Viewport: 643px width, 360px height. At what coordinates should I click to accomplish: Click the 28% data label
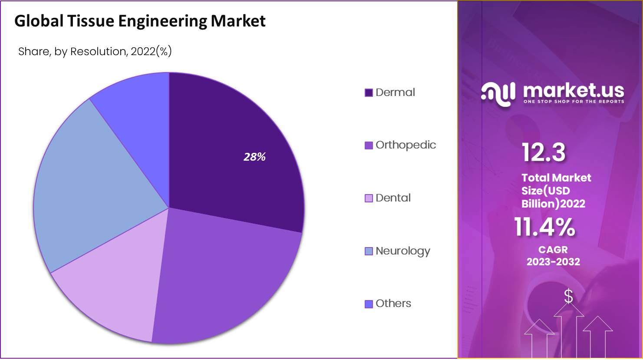(x=254, y=157)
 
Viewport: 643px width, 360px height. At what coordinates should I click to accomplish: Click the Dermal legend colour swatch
(x=369, y=92)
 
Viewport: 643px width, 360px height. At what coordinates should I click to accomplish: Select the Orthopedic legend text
(x=406, y=145)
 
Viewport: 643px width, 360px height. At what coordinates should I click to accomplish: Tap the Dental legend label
(x=393, y=198)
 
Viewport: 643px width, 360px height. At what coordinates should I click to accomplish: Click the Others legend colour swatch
(x=369, y=304)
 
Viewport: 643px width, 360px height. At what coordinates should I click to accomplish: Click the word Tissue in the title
(x=91, y=21)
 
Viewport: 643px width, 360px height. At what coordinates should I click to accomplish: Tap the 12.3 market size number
(x=544, y=152)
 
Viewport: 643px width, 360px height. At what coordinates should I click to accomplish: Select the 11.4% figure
(x=544, y=227)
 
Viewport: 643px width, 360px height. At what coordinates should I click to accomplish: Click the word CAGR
(x=553, y=250)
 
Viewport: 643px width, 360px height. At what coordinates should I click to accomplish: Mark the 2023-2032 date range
(x=553, y=261)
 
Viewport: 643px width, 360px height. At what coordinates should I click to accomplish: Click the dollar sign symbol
(x=568, y=296)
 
